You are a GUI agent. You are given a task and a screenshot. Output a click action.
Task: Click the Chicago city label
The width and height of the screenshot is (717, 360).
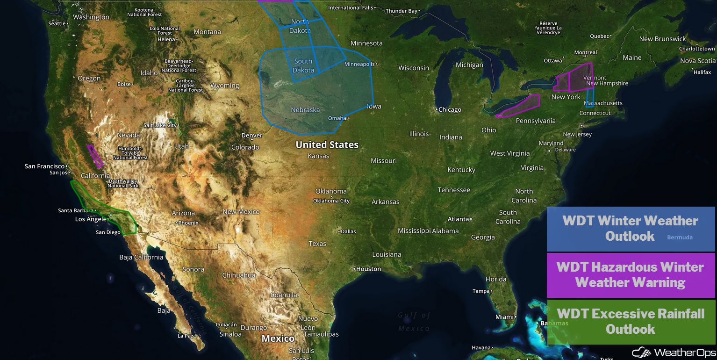pyautogui.click(x=450, y=110)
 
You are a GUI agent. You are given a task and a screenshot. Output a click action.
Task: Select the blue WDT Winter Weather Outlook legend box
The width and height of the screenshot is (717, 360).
pyautogui.click(x=631, y=229)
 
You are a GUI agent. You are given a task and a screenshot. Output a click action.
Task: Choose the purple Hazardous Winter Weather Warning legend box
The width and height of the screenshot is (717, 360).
pyautogui.click(x=631, y=275)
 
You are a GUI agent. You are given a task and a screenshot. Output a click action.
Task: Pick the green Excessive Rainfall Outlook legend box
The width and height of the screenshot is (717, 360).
pyautogui.click(x=631, y=322)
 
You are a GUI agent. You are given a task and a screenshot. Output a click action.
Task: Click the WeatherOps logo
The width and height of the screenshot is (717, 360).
pyautogui.click(x=674, y=352)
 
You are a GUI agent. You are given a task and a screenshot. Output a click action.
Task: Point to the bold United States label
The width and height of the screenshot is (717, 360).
pyautogui.click(x=327, y=145)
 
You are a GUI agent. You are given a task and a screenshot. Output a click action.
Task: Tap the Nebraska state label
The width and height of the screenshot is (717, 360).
pyautogui.click(x=305, y=110)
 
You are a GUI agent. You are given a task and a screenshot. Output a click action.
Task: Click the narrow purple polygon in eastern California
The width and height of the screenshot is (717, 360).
pyautogui.click(x=95, y=156)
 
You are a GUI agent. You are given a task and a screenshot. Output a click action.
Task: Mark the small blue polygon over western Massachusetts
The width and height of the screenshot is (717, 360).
pyautogui.click(x=590, y=98)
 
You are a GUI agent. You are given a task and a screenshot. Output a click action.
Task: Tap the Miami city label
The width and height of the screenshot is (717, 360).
pyautogui.click(x=504, y=317)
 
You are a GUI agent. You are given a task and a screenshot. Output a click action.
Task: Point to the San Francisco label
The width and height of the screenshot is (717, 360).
pyautogui.click(x=44, y=166)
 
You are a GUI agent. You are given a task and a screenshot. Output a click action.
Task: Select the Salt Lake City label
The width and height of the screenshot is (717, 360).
pyautogui.click(x=160, y=125)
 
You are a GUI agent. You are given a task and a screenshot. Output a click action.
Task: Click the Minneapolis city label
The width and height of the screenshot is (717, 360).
pyautogui.click(x=359, y=64)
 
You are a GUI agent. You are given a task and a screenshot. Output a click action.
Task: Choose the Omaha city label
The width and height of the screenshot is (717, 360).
pyautogui.click(x=337, y=118)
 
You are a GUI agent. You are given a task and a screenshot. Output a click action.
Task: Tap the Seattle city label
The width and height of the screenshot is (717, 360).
pyautogui.click(x=57, y=23)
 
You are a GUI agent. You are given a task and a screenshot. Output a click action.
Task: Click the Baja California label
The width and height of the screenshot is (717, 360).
pyautogui.click(x=141, y=257)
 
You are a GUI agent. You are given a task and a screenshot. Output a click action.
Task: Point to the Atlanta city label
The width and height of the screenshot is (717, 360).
pyautogui.click(x=458, y=219)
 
